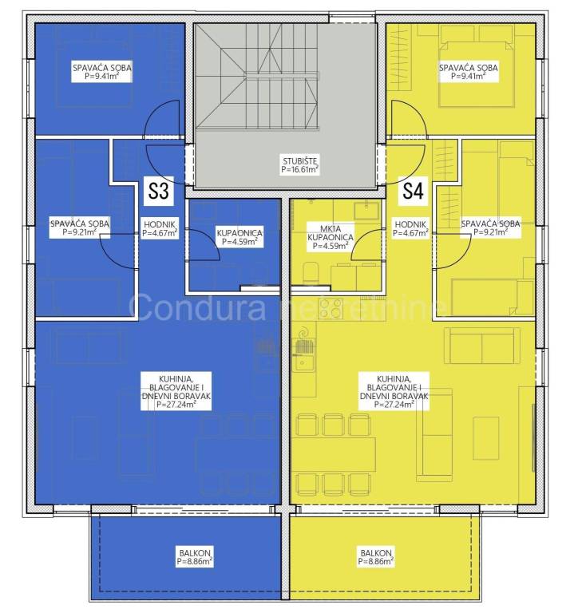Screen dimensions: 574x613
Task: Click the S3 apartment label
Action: click(158, 191)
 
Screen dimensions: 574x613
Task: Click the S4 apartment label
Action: click(413, 191)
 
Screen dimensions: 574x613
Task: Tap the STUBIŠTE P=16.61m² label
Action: click(300, 165)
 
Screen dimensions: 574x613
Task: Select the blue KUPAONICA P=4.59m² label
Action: click(239, 237)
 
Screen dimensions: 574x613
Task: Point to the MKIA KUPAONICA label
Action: click(331, 237)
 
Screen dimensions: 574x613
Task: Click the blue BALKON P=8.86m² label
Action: click(195, 557)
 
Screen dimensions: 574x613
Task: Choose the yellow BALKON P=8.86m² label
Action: click(376, 557)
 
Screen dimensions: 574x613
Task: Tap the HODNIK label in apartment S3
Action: click(160, 229)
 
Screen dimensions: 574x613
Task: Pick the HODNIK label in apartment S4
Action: click(410, 229)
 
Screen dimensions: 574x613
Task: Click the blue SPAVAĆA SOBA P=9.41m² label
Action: click(101, 72)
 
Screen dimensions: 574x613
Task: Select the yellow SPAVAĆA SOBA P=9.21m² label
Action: click(490, 228)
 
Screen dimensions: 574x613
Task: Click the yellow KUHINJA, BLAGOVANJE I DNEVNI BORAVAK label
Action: click(394, 392)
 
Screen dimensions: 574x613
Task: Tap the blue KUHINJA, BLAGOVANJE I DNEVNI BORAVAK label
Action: click(176, 392)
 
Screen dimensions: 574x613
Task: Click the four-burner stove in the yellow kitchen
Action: click(331, 308)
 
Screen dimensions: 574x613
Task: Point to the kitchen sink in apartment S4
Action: click(304, 360)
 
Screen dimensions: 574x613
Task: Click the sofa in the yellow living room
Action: click(481, 346)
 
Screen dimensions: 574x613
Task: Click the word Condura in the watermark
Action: click(197, 307)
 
